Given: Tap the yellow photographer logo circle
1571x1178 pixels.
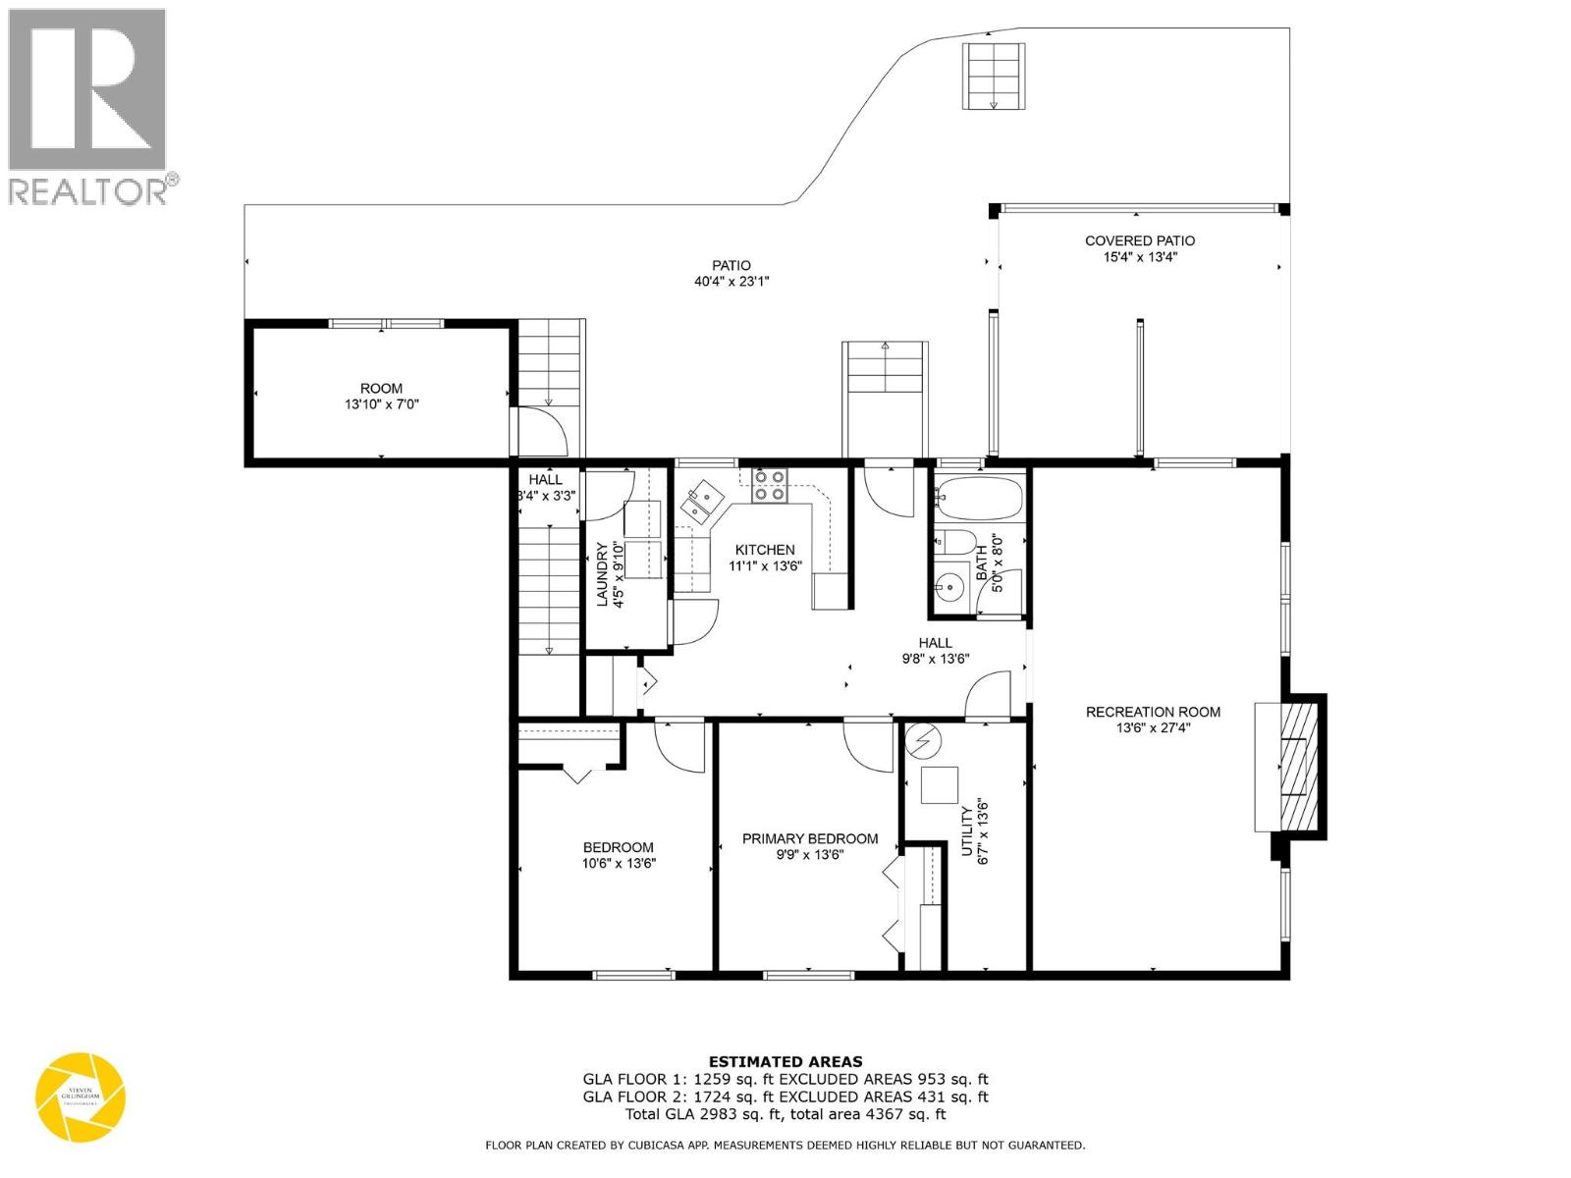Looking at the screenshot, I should (x=81, y=1097).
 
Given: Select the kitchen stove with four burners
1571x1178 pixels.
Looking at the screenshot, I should (x=769, y=486).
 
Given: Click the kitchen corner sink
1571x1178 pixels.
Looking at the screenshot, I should (x=703, y=502).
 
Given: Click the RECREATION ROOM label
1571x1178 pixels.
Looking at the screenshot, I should (x=1153, y=712).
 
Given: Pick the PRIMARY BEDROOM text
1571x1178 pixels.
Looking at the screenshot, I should (x=809, y=838).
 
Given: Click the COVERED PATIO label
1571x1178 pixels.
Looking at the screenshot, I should (x=1139, y=241).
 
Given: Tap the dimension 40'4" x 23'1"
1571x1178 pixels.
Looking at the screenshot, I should (x=731, y=282).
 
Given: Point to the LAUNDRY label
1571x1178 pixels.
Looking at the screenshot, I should (x=604, y=574).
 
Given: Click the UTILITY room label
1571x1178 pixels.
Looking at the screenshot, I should (x=966, y=830).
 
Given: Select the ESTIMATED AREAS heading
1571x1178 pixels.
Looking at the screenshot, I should (x=785, y=1061).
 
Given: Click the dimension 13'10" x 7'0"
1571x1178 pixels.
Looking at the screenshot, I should (x=381, y=404).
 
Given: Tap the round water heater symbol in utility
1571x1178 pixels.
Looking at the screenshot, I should (x=923, y=739).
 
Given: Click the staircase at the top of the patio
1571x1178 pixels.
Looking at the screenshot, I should (x=994, y=76).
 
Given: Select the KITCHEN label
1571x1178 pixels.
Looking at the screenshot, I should (x=765, y=550).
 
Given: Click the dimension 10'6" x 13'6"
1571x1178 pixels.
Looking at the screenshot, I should (x=618, y=864).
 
